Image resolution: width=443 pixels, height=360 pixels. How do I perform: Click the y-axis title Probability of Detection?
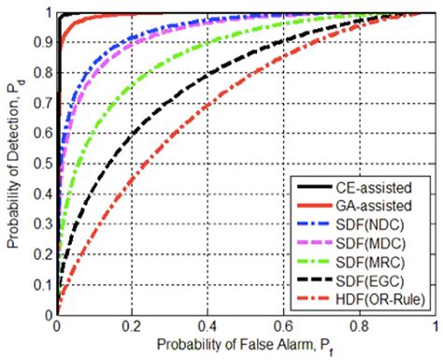click(x=13, y=165)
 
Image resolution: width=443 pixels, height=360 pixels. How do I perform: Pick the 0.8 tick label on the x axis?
click(x=360, y=329)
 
